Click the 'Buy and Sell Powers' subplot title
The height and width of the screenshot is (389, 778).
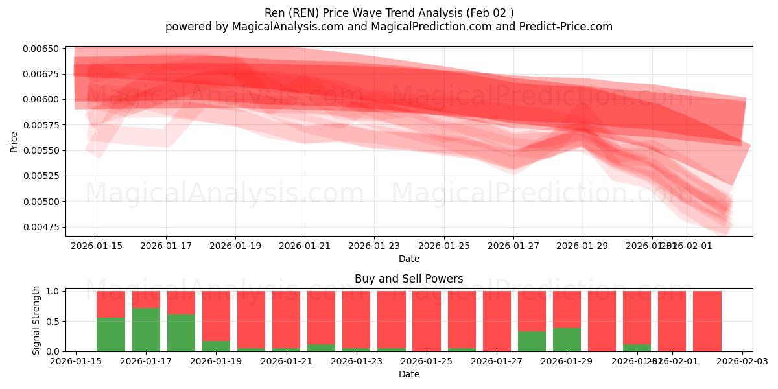click(408, 279)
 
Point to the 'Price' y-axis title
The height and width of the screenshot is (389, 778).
click(14, 141)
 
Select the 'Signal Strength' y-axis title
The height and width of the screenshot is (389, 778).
click(36, 320)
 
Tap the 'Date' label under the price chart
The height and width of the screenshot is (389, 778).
click(408, 259)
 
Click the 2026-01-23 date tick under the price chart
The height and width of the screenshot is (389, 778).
click(374, 246)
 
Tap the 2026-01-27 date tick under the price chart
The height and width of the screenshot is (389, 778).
click(513, 246)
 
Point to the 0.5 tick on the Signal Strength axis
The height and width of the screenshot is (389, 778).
click(52, 321)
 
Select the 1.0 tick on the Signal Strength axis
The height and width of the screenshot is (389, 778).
click(52, 291)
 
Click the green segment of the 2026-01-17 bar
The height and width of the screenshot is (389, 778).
click(146, 329)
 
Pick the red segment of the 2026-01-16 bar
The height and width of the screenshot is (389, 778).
click(111, 304)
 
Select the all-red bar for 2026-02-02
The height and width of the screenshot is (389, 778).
click(707, 321)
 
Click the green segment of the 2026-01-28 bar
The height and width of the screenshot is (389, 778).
click(532, 341)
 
